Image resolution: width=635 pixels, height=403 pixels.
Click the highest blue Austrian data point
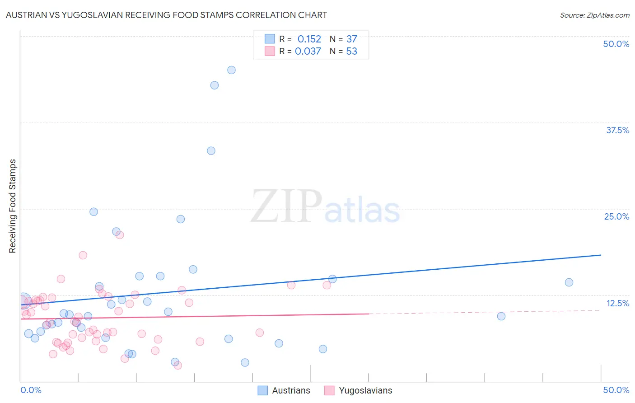(231, 70)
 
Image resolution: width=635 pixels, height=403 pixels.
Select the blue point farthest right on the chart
(569, 282)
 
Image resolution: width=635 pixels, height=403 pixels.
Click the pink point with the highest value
(120, 235)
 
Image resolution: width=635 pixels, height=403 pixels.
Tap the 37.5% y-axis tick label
(617, 130)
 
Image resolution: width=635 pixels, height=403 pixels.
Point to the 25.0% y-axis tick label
(616, 216)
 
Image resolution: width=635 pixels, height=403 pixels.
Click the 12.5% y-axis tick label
(617, 303)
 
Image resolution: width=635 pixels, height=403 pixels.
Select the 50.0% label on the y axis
(616, 44)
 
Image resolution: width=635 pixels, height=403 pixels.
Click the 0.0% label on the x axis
(31, 390)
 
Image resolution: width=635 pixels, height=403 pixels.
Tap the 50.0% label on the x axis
(616, 390)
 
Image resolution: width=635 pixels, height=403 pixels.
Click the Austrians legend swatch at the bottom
(263, 390)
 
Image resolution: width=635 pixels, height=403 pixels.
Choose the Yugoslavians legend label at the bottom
(365, 390)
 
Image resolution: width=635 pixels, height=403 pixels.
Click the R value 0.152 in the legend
(309, 39)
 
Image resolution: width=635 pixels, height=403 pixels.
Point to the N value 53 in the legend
(351, 52)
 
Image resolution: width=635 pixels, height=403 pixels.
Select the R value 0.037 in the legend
(308, 52)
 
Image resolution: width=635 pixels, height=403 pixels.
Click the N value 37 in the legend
(351, 39)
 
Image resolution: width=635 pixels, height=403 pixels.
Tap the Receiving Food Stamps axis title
(13, 206)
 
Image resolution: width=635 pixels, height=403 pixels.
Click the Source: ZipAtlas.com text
(594, 15)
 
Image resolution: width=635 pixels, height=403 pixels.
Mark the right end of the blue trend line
(601, 255)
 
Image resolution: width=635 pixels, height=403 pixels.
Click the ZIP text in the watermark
(286, 207)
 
